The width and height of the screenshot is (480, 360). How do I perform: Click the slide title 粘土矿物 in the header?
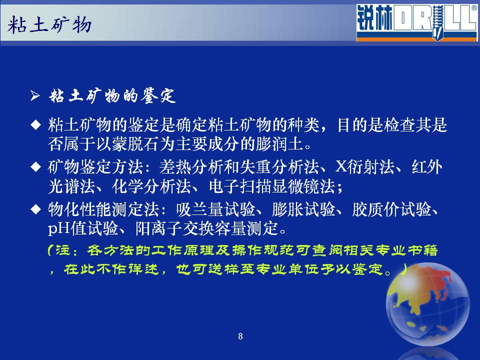49,25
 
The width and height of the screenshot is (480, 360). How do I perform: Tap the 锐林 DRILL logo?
417,22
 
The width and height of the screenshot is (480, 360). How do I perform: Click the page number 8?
240,336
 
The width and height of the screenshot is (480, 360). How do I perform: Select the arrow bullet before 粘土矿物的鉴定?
35,96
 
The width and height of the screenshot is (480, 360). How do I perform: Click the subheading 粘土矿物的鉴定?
112,96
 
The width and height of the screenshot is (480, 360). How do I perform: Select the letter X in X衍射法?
341,166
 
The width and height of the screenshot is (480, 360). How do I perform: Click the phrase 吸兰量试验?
215,209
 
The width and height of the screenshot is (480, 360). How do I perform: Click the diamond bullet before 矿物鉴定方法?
36,167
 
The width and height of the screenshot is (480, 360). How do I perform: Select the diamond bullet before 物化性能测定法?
36,209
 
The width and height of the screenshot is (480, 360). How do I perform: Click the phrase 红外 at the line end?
426,166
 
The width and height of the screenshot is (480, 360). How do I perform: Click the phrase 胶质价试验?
391,209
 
